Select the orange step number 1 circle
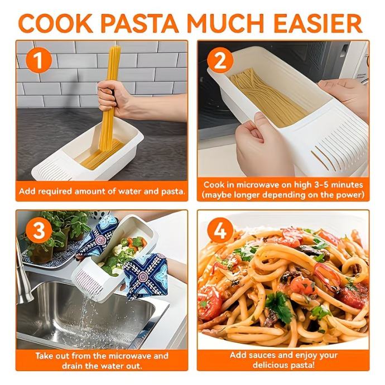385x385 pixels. coord(39,60)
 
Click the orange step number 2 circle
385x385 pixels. coord(220,60)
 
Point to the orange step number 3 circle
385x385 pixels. coord(39,231)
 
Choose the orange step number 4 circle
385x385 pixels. coord(220,231)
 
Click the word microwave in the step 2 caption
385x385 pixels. coord(258,185)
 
